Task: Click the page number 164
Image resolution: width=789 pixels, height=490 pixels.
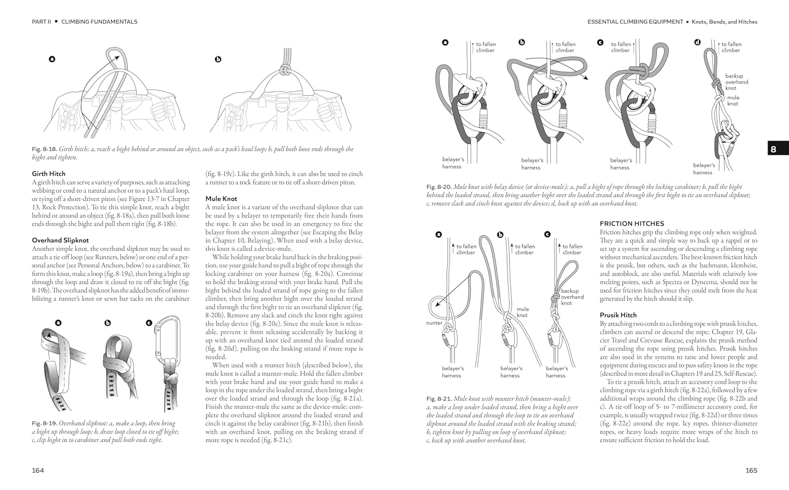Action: click(38, 470)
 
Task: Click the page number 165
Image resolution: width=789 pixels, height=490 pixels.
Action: click(751, 470)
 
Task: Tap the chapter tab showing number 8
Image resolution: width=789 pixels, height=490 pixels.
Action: click(778, 149)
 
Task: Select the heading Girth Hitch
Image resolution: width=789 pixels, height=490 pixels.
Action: click(48, 174)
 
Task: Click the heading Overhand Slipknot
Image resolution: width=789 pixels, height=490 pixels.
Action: click(60, 240)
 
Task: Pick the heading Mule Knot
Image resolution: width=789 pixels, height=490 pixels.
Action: click(221, 198)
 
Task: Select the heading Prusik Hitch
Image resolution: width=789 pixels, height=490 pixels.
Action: click(618, 315)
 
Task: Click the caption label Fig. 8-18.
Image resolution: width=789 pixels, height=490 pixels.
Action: click(44, 149)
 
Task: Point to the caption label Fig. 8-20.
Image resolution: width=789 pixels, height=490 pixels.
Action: click(439, 187)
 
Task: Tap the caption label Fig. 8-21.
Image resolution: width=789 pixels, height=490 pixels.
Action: click(439, 399)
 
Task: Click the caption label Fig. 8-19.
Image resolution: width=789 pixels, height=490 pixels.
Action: click(44, 423)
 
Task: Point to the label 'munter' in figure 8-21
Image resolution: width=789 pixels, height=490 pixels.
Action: click(434, 323)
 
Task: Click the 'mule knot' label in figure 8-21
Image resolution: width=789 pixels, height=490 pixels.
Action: click(522, 312)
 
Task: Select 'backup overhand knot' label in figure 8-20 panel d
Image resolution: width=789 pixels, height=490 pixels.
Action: click(736, 82)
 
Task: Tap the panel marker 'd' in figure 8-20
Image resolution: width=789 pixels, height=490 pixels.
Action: click(697, 42)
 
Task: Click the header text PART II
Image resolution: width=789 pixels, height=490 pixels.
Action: click(41, 22)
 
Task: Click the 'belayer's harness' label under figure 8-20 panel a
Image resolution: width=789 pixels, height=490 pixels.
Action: click(453, 163)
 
